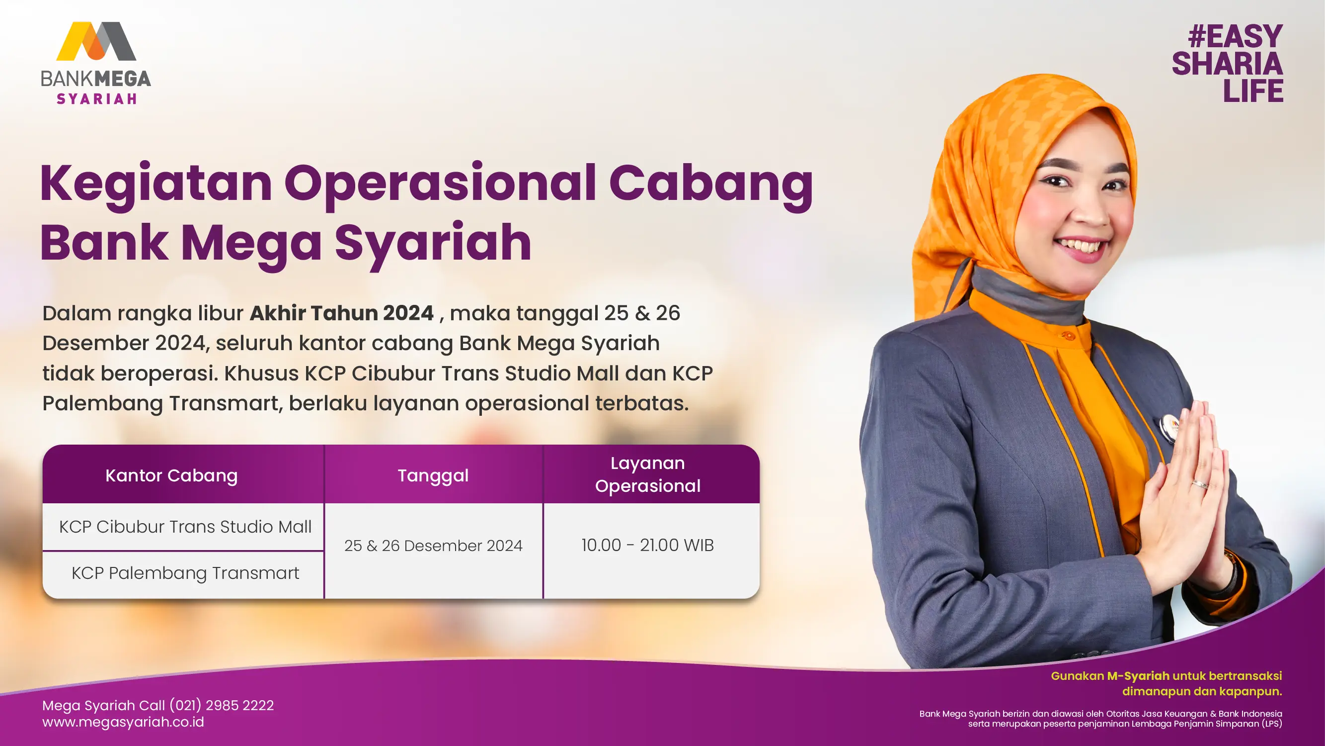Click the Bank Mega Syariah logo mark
pos(96,41)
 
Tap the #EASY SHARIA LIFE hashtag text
pos(1228,63)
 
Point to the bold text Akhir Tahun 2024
pos(342,313)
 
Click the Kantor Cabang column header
pos(172,475)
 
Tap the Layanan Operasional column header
pos(647,474)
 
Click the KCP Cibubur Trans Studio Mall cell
pos(185,527)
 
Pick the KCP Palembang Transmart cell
pos(185,573)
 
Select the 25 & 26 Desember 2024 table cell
pos(433,545)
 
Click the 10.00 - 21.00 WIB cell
pos(647,545)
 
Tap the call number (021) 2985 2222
pos(222,705)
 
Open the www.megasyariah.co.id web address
pos(123,722)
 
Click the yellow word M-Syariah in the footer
pos(1138,676)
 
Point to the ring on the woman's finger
pos(1200,484)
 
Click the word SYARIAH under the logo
pos(97,98)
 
